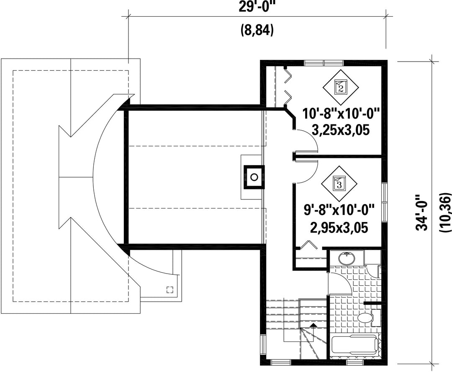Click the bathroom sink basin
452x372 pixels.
click(346, 258)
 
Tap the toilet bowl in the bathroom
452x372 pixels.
click(365, 318)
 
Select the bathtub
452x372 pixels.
click(355, 344)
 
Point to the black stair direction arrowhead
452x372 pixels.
click(313, 325)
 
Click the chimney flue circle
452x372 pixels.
click(254, 177)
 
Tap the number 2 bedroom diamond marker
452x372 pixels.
click(341, 87)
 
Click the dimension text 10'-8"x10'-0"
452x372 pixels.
click(340, 114)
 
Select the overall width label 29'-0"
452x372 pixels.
click(256, 6)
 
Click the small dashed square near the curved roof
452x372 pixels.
click(170, 290)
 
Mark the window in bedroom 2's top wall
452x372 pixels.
click(324, 62)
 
